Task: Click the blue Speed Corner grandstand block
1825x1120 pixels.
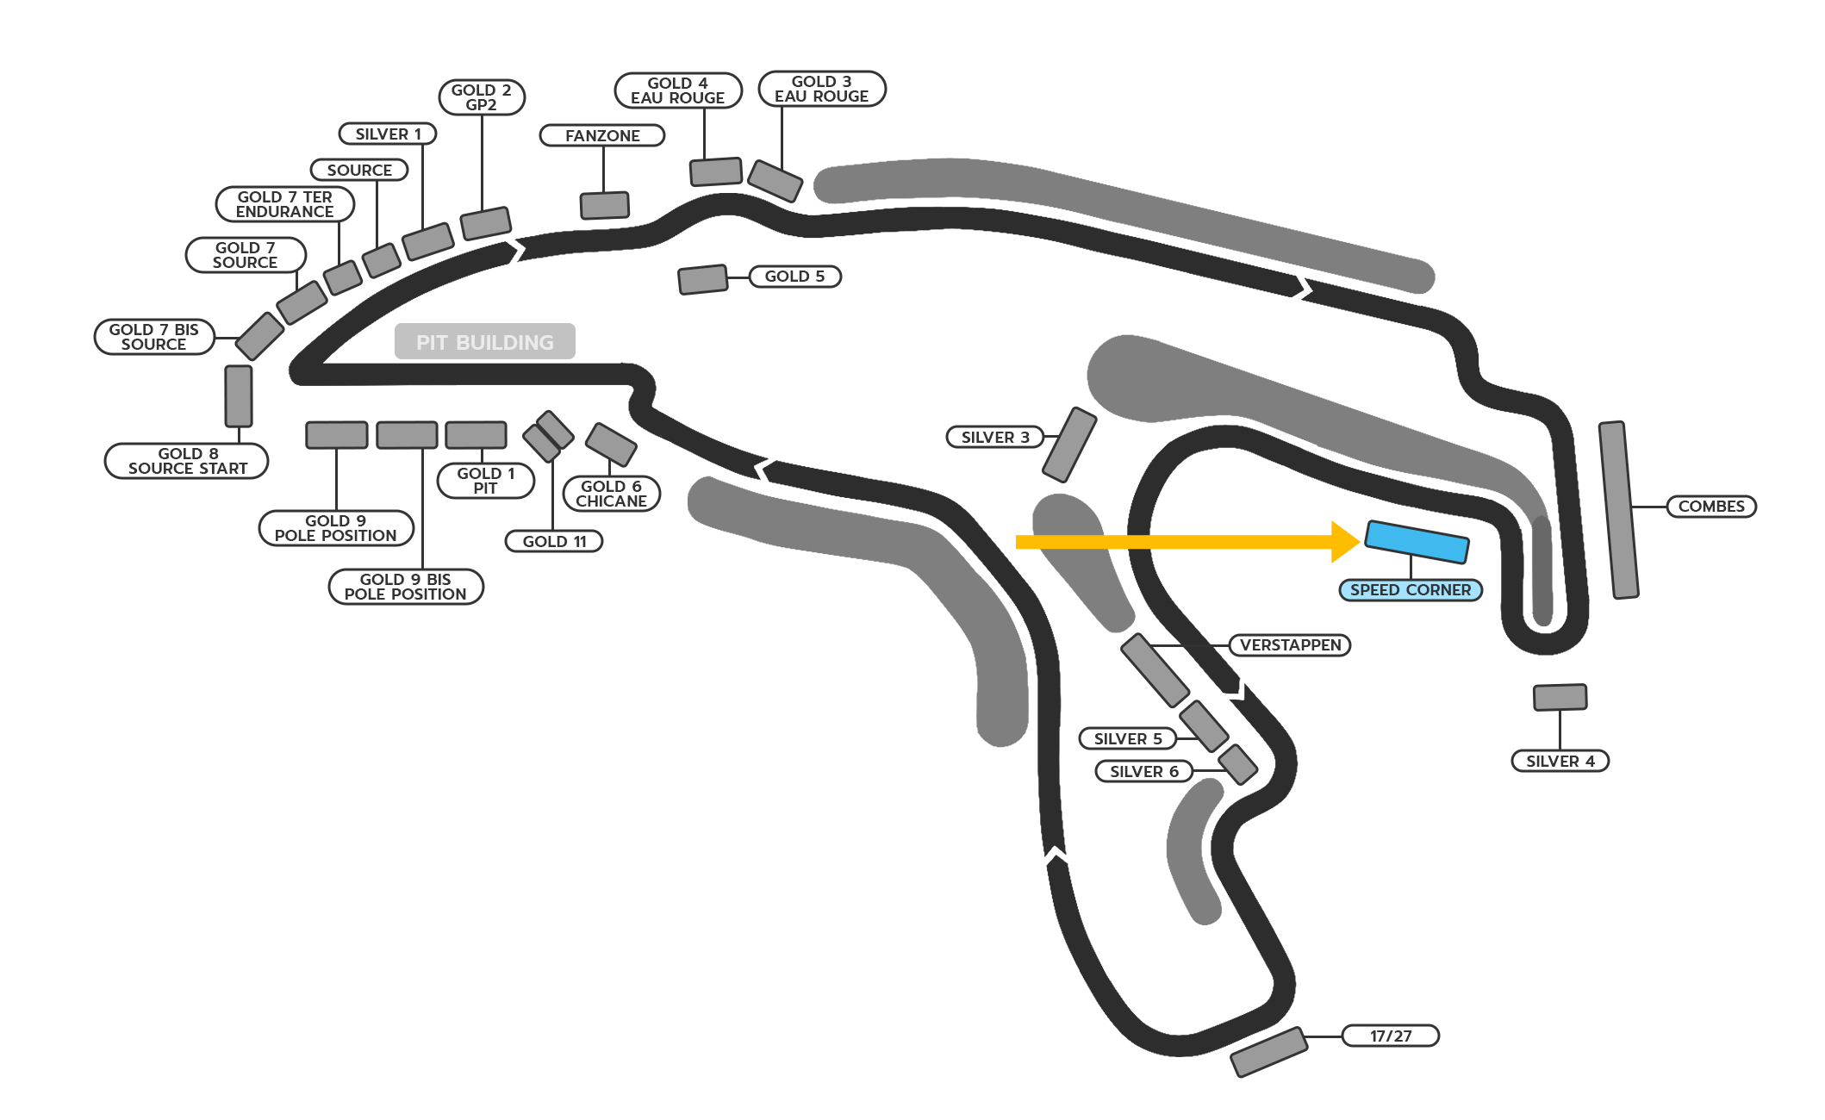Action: [x=1417, y=542]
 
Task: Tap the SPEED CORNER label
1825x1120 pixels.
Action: [x=1410, y=590]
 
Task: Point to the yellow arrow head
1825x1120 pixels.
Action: [x=1345, y=542]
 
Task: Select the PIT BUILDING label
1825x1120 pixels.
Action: [x=484, y=342]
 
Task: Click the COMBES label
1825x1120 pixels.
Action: [x=1710, y=507]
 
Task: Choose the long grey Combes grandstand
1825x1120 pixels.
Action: [x=1618, y=510]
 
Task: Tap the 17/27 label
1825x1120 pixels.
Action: [x=1390, y=1036]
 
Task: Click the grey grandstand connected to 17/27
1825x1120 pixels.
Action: [x=1268, y=1052]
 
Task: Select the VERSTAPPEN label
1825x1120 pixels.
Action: [x=1290, y=645]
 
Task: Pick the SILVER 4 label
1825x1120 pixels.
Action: [x=1560, y=762]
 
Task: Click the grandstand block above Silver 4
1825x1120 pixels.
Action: [x=1560, y=697]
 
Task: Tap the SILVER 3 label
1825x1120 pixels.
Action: [x=995, y=438]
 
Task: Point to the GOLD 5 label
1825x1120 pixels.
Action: [x=794, y=277]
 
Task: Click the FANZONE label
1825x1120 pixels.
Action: [x=602, y=136]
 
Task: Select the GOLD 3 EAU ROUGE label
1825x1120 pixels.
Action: [x=821, y=89]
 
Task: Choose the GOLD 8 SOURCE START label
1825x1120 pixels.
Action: [x=187, y=461]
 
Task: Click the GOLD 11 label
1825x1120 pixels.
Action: [x=554, y=542]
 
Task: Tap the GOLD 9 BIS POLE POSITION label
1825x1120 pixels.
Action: [x=405, y=587]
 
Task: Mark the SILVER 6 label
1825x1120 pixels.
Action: [x=1143, y=772]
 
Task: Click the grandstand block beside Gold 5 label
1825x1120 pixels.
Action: [x=702, y=279]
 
